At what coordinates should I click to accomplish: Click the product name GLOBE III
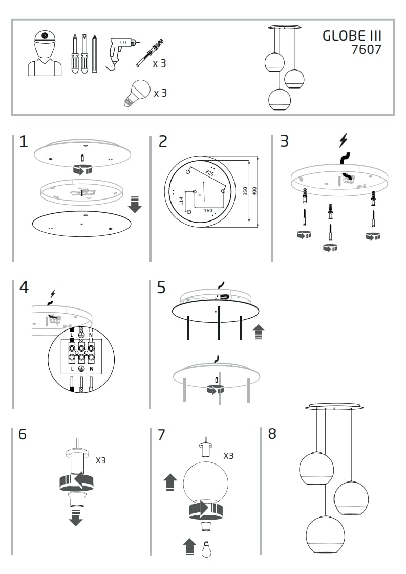352,36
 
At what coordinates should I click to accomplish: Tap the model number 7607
366,50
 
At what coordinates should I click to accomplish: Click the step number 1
24,142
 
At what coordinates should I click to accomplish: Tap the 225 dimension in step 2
209,173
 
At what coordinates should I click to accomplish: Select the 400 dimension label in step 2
254,190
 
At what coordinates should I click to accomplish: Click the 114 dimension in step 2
181,201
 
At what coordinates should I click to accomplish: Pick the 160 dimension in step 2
207,210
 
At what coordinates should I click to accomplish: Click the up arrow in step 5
259,332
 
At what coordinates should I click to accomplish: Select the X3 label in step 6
101,460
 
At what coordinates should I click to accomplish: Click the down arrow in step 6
76,517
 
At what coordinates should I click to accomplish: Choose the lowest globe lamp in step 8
325,534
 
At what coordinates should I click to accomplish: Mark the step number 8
272,434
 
